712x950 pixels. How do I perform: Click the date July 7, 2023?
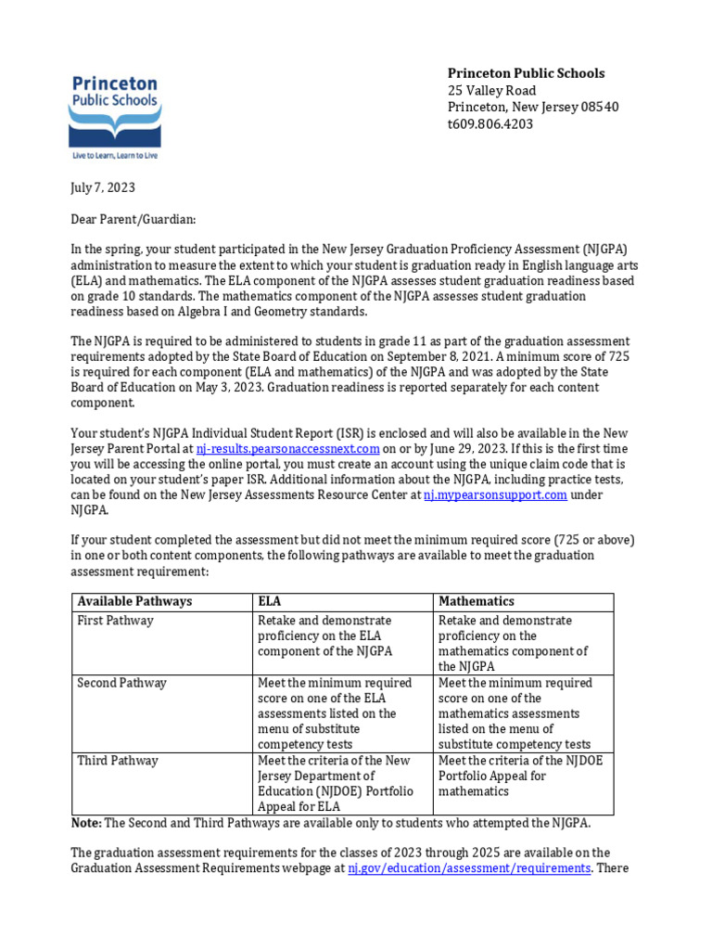(103, 187)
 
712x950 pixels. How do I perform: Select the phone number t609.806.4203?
(490, 124)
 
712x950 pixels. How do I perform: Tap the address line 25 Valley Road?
(491, 90)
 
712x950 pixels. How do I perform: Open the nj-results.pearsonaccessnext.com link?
(288, 449)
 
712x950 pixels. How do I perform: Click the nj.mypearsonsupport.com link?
(495, 495)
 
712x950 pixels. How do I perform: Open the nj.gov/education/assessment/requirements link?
(469, 868)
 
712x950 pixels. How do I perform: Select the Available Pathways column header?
(134, 601)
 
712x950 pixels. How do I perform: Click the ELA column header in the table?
(269, 601)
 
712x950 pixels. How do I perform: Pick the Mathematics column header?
(477, 601)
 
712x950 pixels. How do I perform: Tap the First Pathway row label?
(115, 621)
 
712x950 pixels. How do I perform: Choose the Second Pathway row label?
(121, 683)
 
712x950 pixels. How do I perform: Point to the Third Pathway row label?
(118, 761)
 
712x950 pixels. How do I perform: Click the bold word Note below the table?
(87, 824)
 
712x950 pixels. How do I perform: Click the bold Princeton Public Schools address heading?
(526, 73)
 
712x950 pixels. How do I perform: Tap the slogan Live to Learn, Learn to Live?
(114, 155)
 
